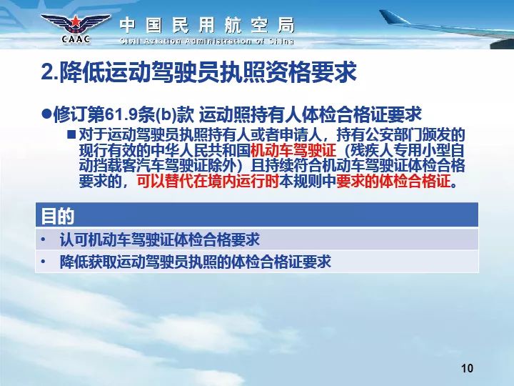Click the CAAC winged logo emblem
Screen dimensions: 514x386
pos(76,28)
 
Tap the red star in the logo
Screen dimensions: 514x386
pos(76,22)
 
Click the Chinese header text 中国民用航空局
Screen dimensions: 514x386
pos(207,26)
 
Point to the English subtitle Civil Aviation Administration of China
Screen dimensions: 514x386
pos(207,41)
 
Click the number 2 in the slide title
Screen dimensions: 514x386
pos(47,72)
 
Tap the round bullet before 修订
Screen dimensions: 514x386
pos(46,114)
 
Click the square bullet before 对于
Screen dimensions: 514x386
pos(71,134)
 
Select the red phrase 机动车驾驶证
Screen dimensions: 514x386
pos(293,150)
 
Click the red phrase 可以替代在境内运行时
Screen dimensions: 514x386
pos(208,181)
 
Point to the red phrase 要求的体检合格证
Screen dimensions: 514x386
pos(393,181)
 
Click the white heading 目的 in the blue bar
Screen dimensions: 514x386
pos(57,216)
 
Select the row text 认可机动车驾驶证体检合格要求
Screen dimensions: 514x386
pos(160,239)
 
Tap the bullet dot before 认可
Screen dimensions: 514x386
pos(43,239)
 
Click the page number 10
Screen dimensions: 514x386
pos(467,368)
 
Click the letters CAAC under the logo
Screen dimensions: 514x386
pos(76,39)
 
